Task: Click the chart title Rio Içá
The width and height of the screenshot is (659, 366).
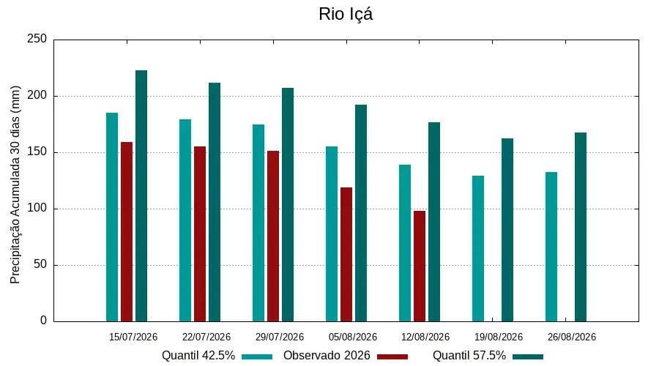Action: pos(346,15)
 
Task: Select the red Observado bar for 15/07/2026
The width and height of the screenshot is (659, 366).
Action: pos(127,232)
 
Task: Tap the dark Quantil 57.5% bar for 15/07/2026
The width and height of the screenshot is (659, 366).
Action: pos(141,196)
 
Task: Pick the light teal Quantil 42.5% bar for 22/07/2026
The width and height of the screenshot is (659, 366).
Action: pos(185,220)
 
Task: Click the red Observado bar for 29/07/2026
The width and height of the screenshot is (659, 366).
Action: pos(273,236)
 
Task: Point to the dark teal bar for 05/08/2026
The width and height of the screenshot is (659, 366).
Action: pos(361,213)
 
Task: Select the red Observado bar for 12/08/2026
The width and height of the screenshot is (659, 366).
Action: pos(420,266)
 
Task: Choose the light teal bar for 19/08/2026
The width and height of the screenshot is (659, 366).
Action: pos(478,249)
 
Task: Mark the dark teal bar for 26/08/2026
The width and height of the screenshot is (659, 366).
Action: pos(581,228)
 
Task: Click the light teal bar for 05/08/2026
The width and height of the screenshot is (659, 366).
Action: pos(332,234)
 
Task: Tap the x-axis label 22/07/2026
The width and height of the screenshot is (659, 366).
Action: pos(206,337)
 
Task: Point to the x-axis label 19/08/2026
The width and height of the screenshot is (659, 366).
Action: pos(499,337)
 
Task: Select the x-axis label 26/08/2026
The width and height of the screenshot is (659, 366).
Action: pos(572,337)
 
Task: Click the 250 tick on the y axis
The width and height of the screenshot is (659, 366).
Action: pos(37,39)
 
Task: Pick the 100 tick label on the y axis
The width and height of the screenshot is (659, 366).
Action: pos(37,209)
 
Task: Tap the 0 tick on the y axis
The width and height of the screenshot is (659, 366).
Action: pos(43,321)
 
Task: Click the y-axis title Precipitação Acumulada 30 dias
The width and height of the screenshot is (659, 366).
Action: pos(15,185)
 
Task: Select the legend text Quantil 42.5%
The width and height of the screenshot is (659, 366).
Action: pos(198,356)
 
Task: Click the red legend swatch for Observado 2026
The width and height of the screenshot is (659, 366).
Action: pos(392,356)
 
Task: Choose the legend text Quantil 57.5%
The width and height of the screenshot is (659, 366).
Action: pos(469,356)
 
